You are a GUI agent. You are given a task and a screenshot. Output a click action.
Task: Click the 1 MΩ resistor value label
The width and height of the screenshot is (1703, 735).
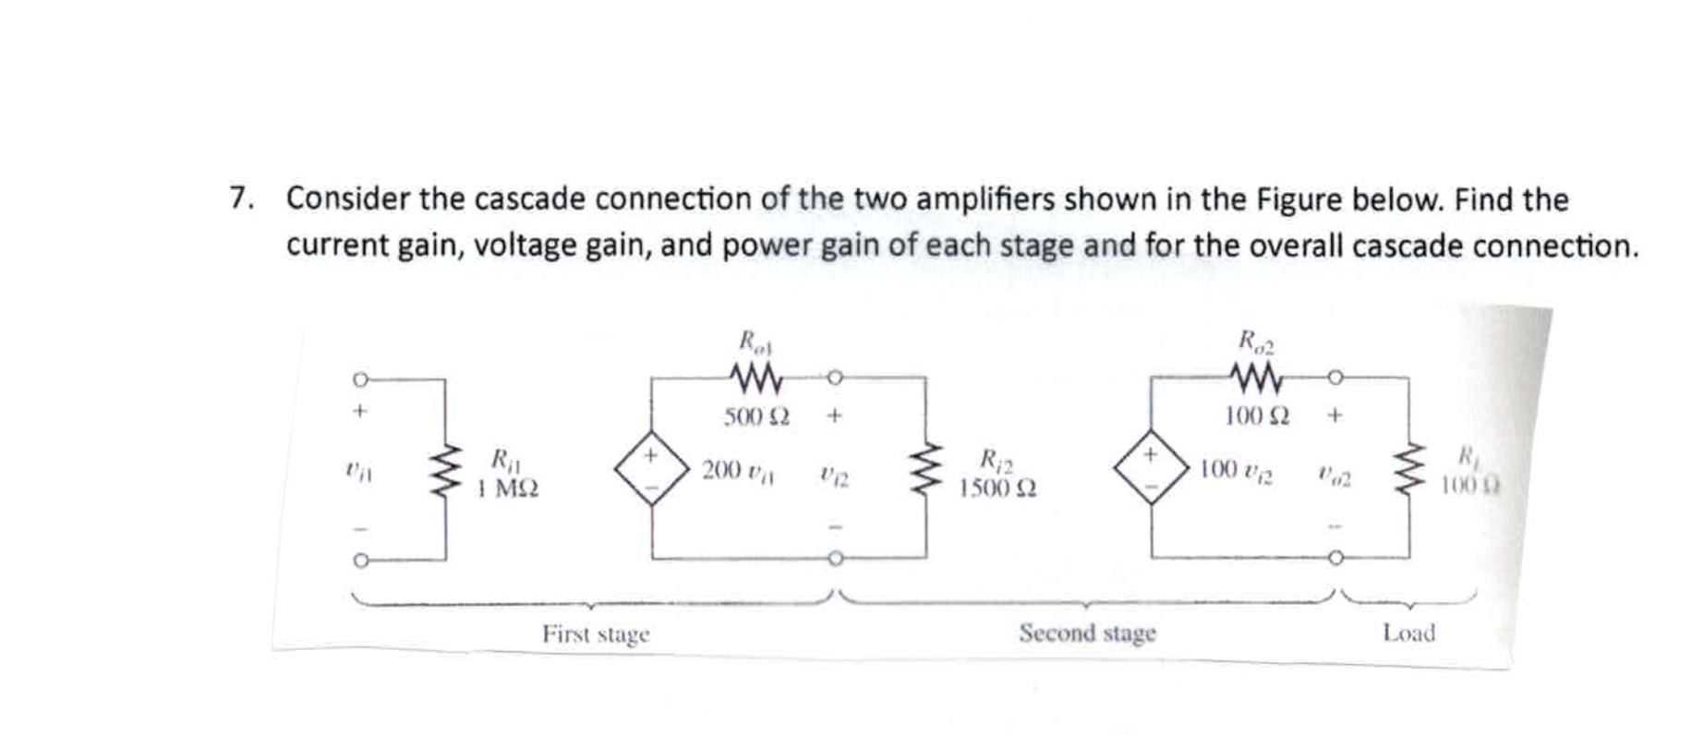tap(509, 488)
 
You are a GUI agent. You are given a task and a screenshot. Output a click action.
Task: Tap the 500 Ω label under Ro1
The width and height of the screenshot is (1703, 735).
tap(756, 416)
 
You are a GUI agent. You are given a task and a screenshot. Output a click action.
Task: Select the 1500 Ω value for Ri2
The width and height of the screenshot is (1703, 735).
tap(997, 488)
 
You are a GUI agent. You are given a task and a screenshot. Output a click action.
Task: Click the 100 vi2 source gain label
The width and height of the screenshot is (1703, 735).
tap(1236, 470)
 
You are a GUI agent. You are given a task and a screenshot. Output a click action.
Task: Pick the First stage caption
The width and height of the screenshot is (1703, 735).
tap(596, 634)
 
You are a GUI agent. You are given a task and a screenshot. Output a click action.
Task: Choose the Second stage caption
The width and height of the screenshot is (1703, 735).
tap(1087, 633)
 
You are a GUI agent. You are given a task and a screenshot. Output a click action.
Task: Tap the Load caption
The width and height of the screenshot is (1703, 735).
tap(1408, 633)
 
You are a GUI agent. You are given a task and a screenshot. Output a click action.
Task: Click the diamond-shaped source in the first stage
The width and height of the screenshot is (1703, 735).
tap(652, 467)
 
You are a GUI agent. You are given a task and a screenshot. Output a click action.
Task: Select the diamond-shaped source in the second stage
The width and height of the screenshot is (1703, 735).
tap(1151, 467)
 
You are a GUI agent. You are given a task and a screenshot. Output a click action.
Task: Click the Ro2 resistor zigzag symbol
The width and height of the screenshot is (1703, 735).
tap(1256, 377)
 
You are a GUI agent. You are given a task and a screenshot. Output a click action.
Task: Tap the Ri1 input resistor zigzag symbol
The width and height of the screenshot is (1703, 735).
tap(446, 469)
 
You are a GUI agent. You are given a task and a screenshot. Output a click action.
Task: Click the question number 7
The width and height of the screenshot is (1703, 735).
tap(240, 199)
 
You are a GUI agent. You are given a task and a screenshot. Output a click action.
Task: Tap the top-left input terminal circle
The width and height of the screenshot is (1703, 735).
tap(360, 379)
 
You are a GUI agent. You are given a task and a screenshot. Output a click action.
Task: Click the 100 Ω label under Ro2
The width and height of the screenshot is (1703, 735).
tap(1257, 416)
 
